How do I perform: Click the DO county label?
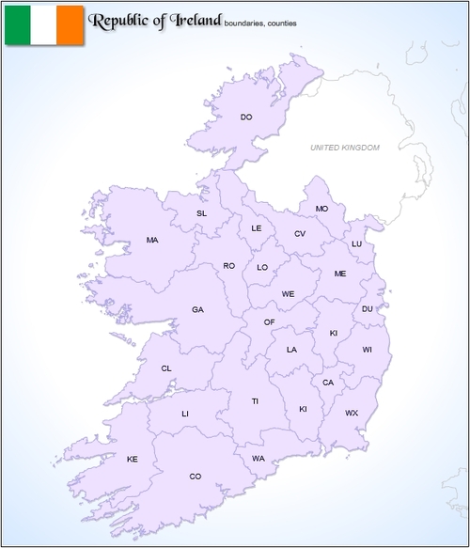[246, 117]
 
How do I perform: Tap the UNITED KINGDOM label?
[345, 148]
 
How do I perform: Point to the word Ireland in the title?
[193, 20]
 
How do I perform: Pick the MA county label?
[152, 241]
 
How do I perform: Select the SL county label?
[201, 213]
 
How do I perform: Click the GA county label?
[197, 310]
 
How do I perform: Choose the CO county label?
[196, 477]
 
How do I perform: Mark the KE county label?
[133, 459]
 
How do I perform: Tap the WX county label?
[352, 413]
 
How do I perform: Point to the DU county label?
[368, 309]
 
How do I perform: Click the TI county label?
[254, 401]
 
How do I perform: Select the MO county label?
[322, 209]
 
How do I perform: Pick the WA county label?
[258, 459]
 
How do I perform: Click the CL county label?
[166, 368]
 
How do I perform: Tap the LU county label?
[356, 244]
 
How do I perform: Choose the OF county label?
[269, 322]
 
